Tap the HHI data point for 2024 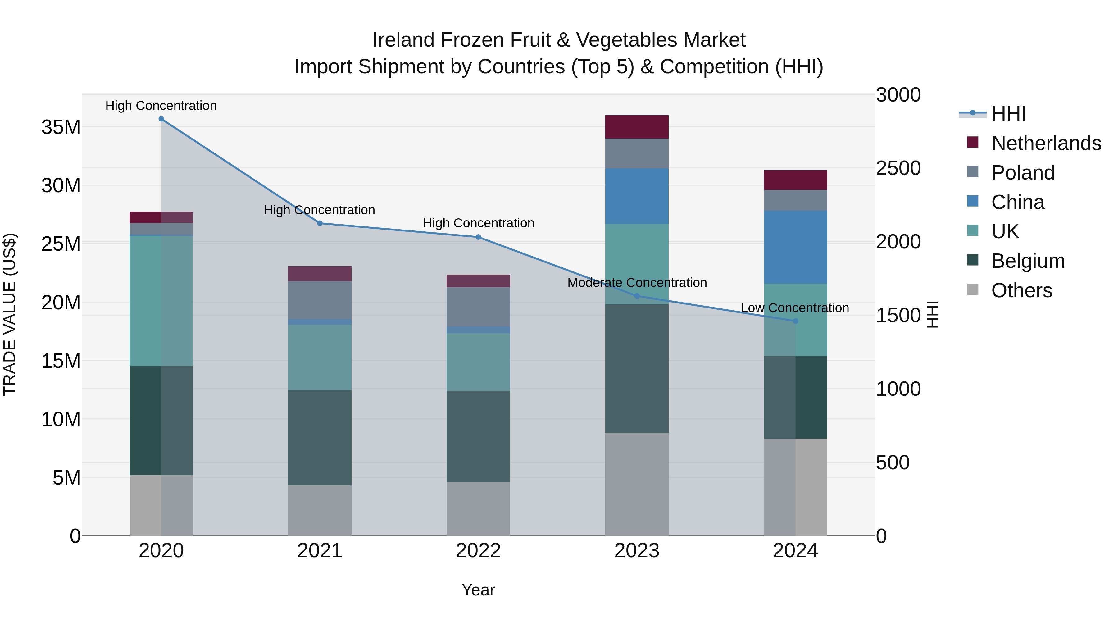[x=796, y=321]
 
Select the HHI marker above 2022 [x=478, y=237]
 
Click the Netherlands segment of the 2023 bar [x=637, y=127]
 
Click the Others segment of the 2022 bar [x=478, y=509]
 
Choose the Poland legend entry [x=1023, y=173]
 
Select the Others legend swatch [x=973, y=289]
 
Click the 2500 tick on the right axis [x=898, y=168]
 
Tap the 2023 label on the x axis [x=637, y=551]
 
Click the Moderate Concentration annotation [x=637, y=283]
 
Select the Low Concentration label [x=795, y=308]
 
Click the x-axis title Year [x=478, y=590]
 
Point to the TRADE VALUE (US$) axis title [x=10, y=314]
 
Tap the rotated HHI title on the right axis [x=933, y=314]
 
